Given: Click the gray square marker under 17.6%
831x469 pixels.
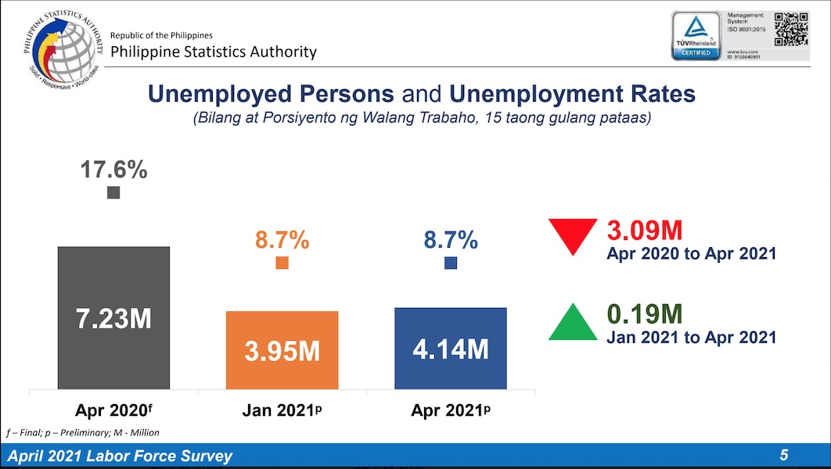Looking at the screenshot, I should coord(113,192).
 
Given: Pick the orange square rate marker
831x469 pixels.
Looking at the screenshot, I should coord(282,263).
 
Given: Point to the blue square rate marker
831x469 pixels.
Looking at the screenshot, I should coord(451,263).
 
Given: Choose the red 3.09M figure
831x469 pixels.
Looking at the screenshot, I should coord(645,231).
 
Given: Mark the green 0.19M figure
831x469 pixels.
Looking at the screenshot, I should coord(645,314).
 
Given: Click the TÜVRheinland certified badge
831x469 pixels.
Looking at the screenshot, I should coord(697,36).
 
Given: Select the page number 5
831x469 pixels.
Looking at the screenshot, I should coord(783,456).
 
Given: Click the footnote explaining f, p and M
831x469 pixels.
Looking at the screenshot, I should coord(83,432).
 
